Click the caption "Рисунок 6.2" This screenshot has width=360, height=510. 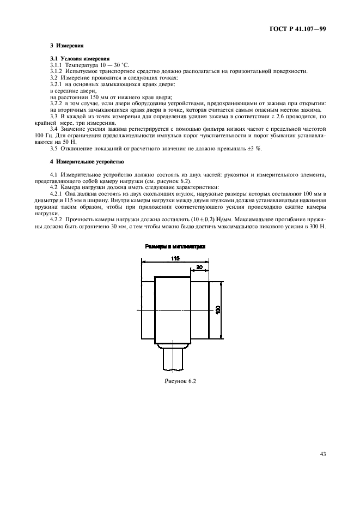(x=180, y=381)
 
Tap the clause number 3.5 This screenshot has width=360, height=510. (x=53, y=149)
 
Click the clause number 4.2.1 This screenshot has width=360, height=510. (x=56, y=193)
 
